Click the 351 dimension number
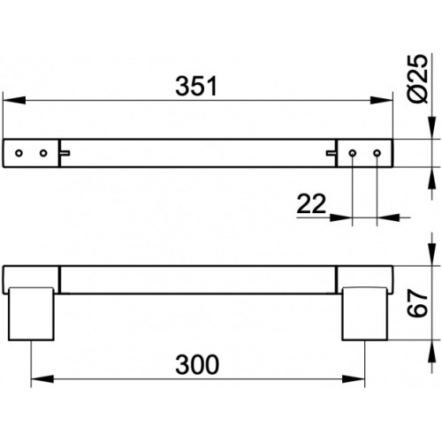click(x=196, y=87)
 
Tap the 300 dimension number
click(x=197, y=365)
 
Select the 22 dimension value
click(x=311, y=203)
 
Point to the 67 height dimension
click(x=418, y=303)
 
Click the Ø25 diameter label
click(x=418, y=79)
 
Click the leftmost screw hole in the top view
click(x=19, y=153)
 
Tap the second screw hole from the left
click(x=43, y=153)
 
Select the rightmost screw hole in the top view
click(x=377, y=153)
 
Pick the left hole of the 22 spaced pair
click(x=353, y=153)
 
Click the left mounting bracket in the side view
click(x=31, y=314)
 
